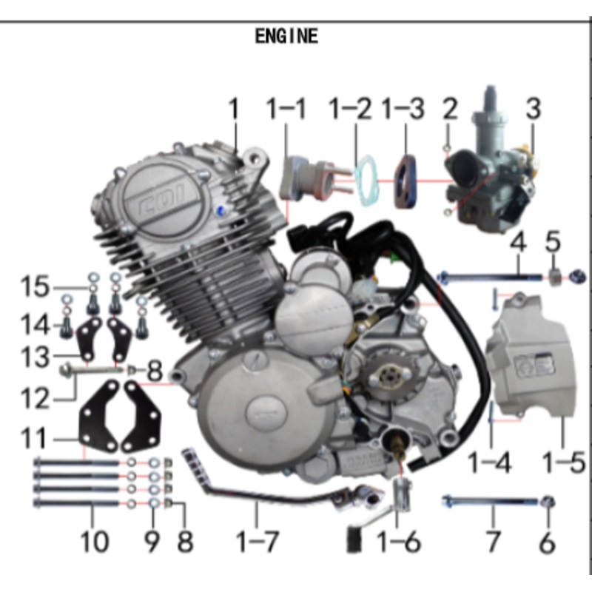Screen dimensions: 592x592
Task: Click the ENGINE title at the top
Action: [286, 36]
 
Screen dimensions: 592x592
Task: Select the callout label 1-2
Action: [350, 109]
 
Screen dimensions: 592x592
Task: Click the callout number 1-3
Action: [403, 109]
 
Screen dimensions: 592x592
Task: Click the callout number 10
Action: [94, 542]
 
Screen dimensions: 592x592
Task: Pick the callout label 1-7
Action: [257, 542]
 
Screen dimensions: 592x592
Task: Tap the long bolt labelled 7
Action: [488, 502]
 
